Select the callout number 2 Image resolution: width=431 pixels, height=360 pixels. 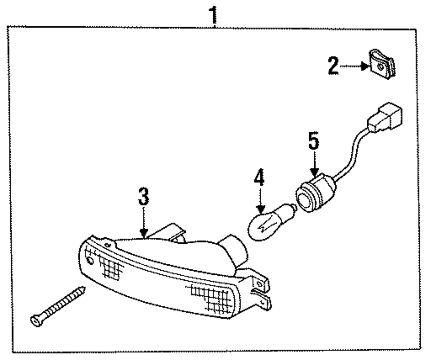point(333,67)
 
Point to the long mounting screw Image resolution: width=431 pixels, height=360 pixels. point(58,304)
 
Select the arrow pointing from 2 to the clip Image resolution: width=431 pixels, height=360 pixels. point(355,67)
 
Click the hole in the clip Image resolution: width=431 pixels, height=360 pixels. point(380,68)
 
